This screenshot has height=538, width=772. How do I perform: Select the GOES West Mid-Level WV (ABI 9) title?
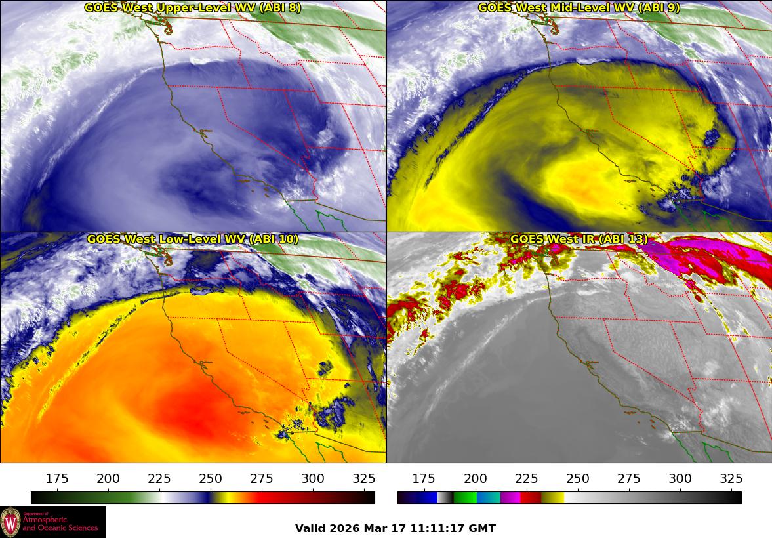click(x=579, y=8)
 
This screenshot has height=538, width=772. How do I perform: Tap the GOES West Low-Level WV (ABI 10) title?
click(x=192, y=239)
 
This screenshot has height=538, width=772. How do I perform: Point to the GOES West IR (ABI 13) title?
click(x=579, y=239)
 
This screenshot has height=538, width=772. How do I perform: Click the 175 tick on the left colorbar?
click(x=58, y=479)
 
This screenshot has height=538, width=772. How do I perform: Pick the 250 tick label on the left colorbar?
click(x=211, y=479)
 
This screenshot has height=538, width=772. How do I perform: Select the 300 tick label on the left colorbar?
click(x=313, y=479)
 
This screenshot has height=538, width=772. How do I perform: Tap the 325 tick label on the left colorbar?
click(x=364, y=479)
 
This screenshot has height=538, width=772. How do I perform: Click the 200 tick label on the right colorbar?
click(x=476, y=479)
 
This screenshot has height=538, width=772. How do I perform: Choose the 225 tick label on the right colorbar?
click(x=527, y=479)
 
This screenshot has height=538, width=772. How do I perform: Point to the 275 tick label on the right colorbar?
click(x=629, y=479)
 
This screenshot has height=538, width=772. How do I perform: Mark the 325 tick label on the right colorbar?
click(x=731, y=479)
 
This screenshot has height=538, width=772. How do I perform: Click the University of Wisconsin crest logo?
click(x=10, y=522)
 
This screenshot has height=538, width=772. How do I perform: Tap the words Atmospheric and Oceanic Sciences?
click(x=60, y=524)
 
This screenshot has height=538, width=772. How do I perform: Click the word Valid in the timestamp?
click(x=309, y=528)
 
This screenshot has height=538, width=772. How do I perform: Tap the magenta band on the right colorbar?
click(x=510, y=498)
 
